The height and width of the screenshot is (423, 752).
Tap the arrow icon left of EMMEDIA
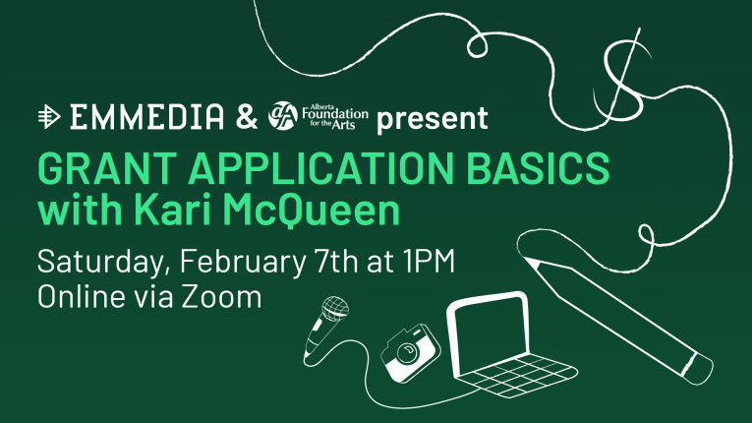click(x=47, y=119)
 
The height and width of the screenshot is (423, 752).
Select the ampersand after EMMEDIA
click(x=246, y=119)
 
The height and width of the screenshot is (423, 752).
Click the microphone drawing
click(x=325, y=325)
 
